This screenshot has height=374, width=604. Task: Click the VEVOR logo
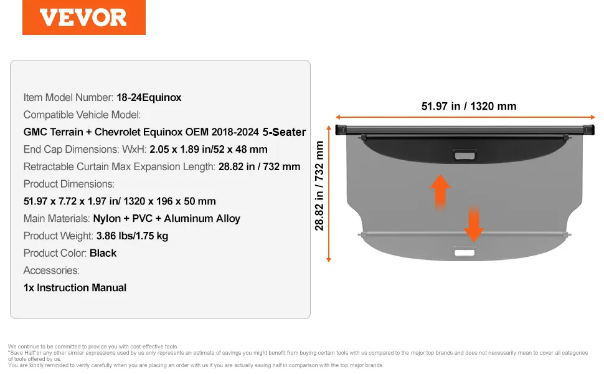click(83, 17)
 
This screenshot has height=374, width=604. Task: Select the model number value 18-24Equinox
click(149, 97)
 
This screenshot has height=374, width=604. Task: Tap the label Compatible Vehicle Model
click(82, 115)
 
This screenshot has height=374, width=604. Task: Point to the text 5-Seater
click(284, 132)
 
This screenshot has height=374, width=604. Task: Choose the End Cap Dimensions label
click(85, 149)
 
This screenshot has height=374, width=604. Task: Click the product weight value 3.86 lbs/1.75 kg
click(132, 236)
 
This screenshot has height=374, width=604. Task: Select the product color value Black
click(103, 253)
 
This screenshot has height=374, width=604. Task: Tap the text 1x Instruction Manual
click(75, 287)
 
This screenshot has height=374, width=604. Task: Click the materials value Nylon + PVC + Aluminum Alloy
click(166, 219)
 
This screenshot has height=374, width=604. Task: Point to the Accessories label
click(51, 271)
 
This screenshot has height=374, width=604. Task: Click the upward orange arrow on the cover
click(440, 191)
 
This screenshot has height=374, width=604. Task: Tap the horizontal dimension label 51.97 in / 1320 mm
click(469, 106)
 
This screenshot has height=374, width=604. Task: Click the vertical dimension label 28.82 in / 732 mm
click(319, 186)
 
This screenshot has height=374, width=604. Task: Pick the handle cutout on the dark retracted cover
click(465, 155)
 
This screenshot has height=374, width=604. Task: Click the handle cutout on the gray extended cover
click(465, 252)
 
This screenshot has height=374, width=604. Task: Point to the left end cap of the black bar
click(341, 130)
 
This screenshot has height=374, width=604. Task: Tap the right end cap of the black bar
click(589, 130)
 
